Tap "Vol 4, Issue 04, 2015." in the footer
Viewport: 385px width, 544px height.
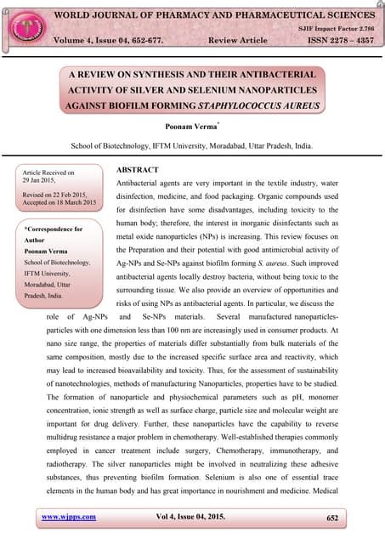(x=193, y=516)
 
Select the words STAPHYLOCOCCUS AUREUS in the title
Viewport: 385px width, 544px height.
(x=258, y=105)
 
